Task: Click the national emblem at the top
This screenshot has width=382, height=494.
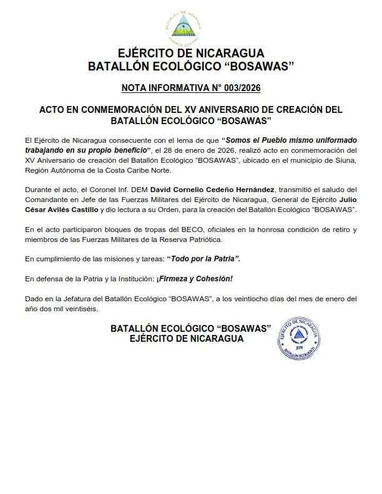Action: click(191, 26)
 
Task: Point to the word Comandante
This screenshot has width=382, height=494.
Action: click(44, 200)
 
